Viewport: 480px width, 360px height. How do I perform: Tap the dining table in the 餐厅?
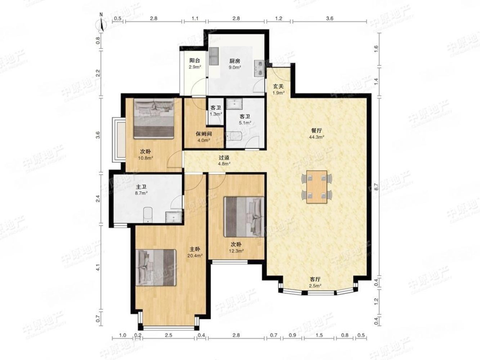tap(317, 187)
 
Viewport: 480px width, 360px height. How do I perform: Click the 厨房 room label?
tap(235, 61)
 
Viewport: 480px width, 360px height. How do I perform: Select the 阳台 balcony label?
tap(194, 60)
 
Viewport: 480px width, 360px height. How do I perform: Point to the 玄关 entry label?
tap(278, 86)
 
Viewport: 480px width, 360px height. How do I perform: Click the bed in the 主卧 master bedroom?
tap(156, 267)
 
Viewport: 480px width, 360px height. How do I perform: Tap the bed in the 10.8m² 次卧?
tap(154, 118)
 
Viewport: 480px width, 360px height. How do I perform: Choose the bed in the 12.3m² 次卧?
tap(244, 217)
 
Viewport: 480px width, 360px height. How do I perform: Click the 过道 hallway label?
tap(224, 157)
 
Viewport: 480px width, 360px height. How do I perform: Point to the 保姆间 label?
tap(203, 134)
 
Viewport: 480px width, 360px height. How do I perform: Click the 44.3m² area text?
tap(317, 137)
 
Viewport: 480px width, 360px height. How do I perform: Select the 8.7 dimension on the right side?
tap(376, 187)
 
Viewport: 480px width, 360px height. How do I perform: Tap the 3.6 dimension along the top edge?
tap(329, 19)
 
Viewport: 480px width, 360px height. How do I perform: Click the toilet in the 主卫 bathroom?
tap(148, 215)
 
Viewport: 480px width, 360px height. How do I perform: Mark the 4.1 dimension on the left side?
tap(98, 267)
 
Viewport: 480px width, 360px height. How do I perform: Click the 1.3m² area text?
tap(216, 114)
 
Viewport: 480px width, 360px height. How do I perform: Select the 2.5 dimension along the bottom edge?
tap(169, 335)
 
